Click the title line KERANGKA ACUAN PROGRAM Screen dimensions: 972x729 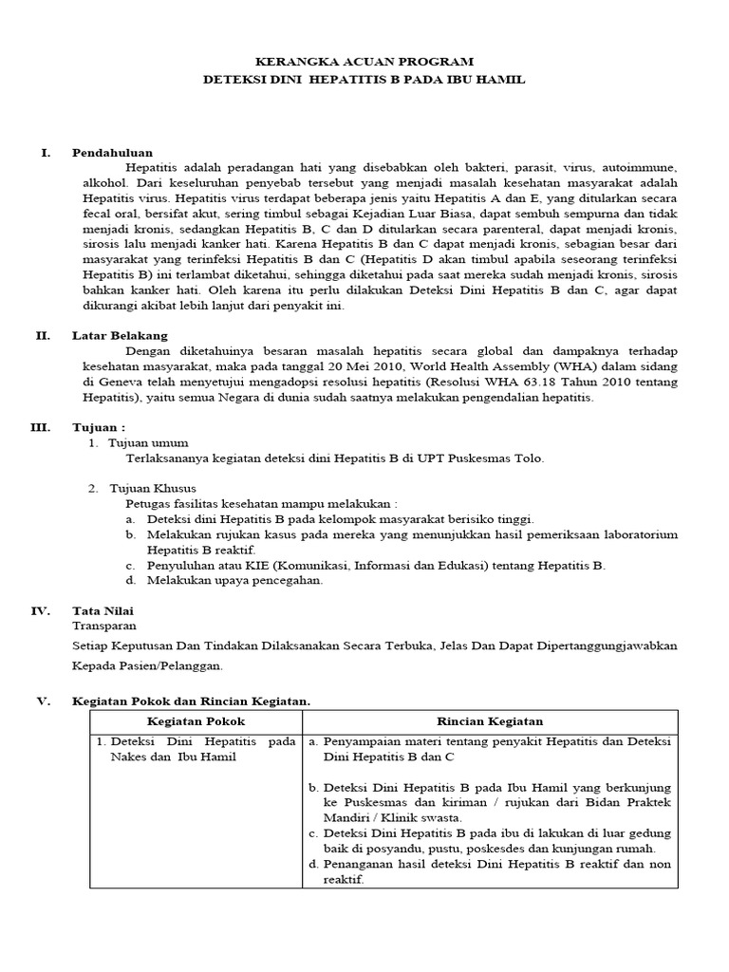click(364, 61)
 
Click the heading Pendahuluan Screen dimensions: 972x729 click(112, 152)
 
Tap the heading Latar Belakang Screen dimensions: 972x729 click(120, 335)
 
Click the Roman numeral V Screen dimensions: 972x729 click(43, 701)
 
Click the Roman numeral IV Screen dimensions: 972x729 click(41, 610)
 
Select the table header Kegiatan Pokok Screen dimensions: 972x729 click(196, 722)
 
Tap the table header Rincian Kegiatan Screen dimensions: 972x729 click(490, 722)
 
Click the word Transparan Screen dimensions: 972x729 click(104, 626)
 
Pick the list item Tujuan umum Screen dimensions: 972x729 click(148, 442)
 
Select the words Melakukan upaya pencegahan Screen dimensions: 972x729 click(235, 580)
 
